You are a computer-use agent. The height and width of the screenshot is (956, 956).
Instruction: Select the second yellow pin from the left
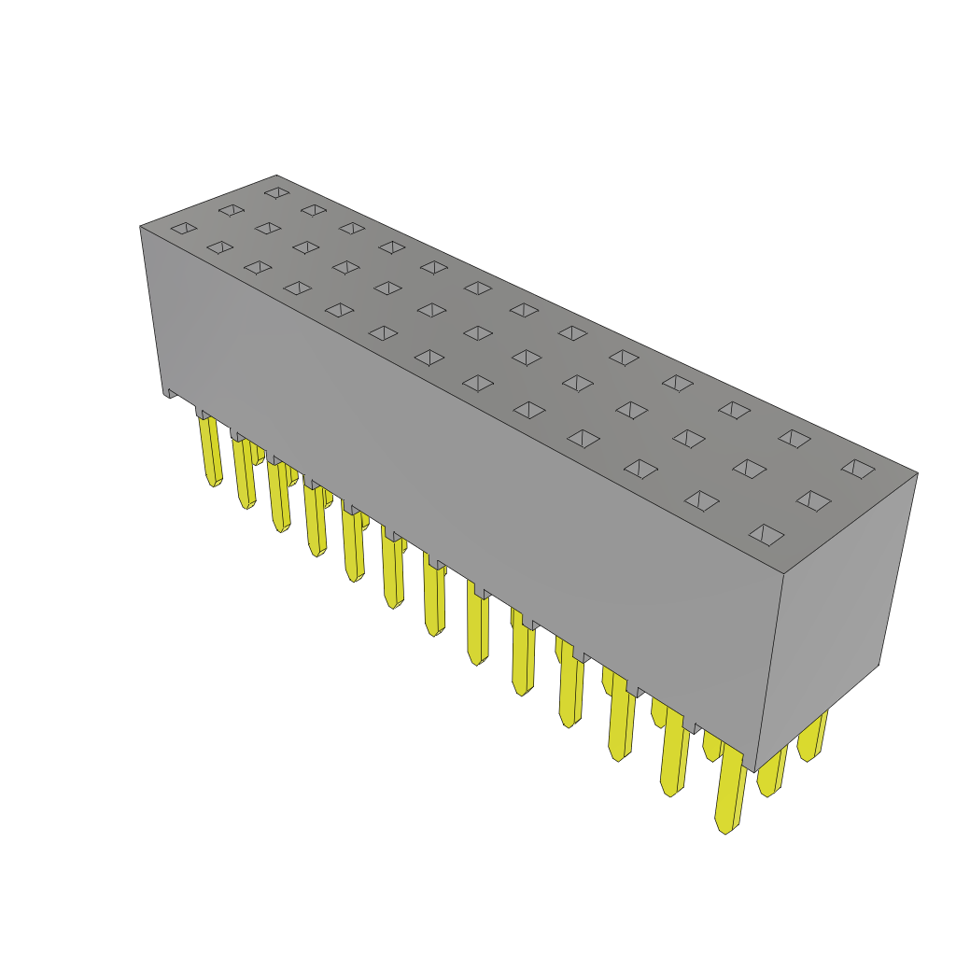(245, 473)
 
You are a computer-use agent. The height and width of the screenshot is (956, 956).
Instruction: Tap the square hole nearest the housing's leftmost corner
(184, 228)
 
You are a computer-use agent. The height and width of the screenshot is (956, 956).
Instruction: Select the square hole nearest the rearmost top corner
(277, 192)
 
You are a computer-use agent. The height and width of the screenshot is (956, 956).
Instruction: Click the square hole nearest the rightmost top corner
(858, 469)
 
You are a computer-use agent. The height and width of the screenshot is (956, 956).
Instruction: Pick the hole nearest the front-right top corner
(766, 534)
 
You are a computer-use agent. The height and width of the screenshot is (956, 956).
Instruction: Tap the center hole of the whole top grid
(478, 333)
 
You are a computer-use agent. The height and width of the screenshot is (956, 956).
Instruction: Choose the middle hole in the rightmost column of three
(813, 500)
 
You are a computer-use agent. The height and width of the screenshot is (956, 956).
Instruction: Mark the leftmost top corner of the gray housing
(141, 226)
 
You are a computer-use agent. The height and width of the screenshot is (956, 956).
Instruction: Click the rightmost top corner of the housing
(917, 473)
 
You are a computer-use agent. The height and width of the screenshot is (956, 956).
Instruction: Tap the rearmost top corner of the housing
(277, 176)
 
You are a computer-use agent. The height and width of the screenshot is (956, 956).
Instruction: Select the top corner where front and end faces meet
(782, 573)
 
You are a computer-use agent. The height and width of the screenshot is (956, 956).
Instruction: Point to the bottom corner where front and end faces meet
(754, 771)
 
